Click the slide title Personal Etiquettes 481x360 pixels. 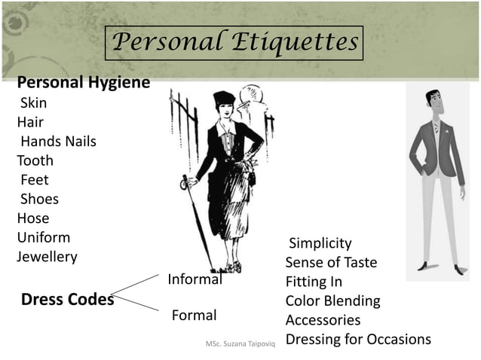tap(233, 42)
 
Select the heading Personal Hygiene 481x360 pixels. tap(83, 82)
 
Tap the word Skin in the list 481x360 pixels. tap(33, 102)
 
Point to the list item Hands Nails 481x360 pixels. tap(58, 141)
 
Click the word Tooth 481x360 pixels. tap(35, 160)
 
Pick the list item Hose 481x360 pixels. tap(32, 218)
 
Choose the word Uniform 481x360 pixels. tap(43, 238)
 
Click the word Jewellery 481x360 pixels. tap(47, 257)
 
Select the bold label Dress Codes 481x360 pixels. tap(67, 299)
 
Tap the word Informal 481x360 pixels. tap(195, 279)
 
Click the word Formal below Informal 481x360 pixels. tap(195, 315)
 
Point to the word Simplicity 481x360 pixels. tap(320, 243)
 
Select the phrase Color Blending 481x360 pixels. tap(332, 301)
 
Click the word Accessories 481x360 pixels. tap(323, 320)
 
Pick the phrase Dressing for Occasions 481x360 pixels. tap(358, 339)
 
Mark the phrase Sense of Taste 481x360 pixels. tap(331, 263)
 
